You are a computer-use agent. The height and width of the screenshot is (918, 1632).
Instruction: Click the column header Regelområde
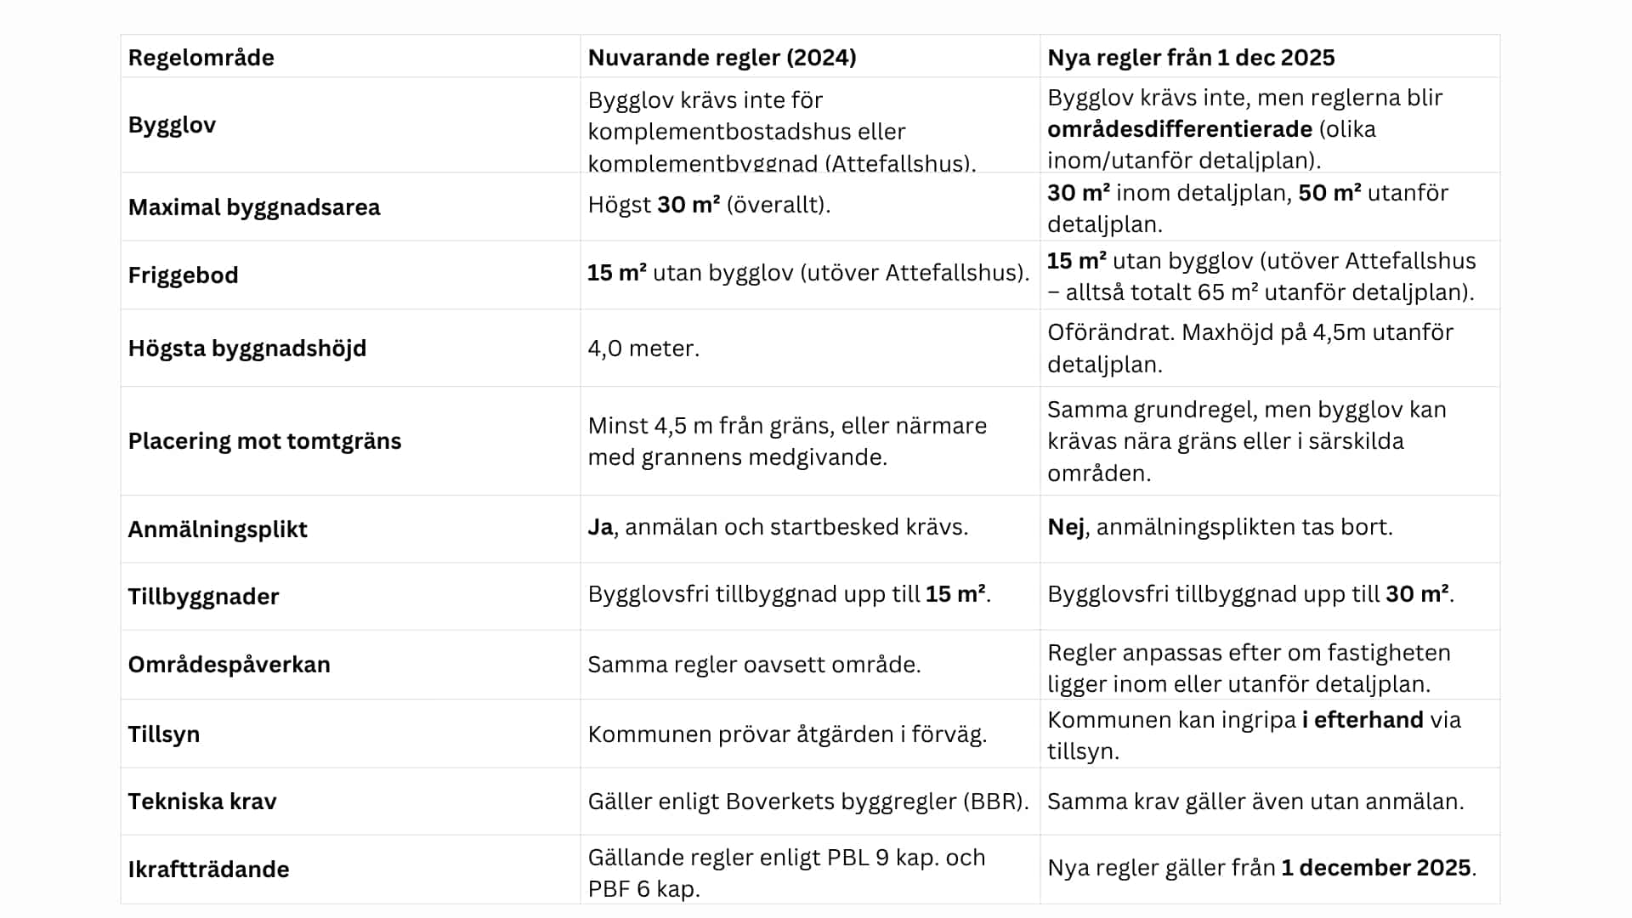[201, 58]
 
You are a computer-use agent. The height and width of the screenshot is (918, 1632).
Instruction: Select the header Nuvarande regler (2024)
[722, 58]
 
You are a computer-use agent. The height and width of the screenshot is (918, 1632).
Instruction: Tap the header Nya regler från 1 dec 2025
[1191, 58]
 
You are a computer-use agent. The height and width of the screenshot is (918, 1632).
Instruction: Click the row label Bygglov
[172, 125]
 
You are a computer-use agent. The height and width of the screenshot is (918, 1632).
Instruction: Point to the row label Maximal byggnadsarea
[254, 207]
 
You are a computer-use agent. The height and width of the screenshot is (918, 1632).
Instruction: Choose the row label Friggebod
[183, 275]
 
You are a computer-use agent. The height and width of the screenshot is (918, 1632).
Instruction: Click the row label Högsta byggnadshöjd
[247, 348]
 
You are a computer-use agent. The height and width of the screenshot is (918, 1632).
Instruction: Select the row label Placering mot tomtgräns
[264, 441]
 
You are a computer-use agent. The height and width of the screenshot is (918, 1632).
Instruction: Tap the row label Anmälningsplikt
[218, 530]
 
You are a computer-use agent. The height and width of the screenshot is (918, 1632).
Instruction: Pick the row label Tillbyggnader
[203, 597]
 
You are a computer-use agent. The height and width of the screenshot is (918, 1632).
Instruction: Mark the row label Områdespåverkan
[229, 665]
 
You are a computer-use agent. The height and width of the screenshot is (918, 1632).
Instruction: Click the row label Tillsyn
[163, 734]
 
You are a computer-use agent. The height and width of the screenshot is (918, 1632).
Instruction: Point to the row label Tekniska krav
[202, 802]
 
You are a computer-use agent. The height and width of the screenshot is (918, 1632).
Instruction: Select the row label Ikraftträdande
[208, 870]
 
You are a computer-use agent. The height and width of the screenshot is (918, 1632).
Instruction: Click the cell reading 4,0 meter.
[643, 348]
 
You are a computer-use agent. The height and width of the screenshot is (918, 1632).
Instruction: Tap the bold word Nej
[1065, 527]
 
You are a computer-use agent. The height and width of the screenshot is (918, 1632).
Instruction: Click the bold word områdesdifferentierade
[1180, 129]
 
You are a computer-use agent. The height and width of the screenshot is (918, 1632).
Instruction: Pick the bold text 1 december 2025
[1375, 868]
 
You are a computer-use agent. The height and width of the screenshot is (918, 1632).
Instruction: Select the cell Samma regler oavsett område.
[754, 665]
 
